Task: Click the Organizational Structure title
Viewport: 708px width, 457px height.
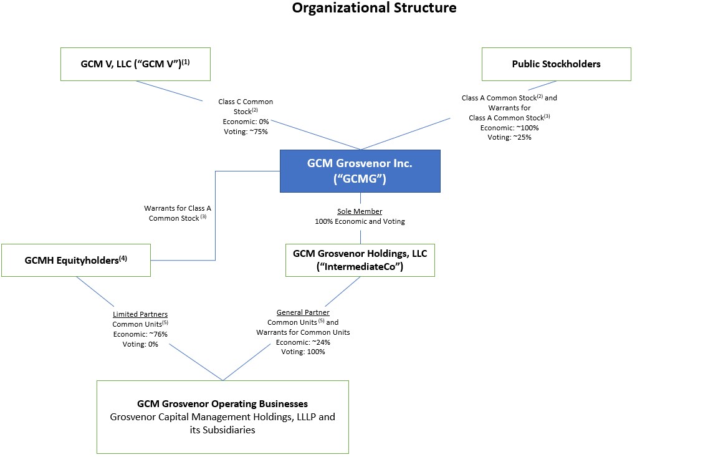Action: (x=374, y=8)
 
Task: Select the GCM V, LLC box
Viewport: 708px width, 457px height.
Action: (x=135, y=64)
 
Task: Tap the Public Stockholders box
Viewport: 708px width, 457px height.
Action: (x=556, y=64)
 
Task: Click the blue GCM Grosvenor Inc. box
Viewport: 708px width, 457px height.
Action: (x=360, y=171)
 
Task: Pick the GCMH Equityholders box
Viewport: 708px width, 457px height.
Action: (x=76, y=260)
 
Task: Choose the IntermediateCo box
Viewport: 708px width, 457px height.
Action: (x=360, y=260)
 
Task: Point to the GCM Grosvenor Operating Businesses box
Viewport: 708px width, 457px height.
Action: (x=222, y=416)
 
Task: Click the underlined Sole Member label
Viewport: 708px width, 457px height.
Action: (x=360, y=211)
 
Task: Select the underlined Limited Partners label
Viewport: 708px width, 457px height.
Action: (x=140, y=314)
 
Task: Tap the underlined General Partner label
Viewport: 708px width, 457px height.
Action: (x=303, y=312)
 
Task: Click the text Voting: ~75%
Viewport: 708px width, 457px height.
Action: (x=245, y=132)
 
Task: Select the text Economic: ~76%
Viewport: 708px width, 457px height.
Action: (x=140, y=334)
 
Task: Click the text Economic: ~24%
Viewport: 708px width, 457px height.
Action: (x=303, y=342)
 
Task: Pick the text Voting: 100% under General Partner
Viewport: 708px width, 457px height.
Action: (x=303, y=352)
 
